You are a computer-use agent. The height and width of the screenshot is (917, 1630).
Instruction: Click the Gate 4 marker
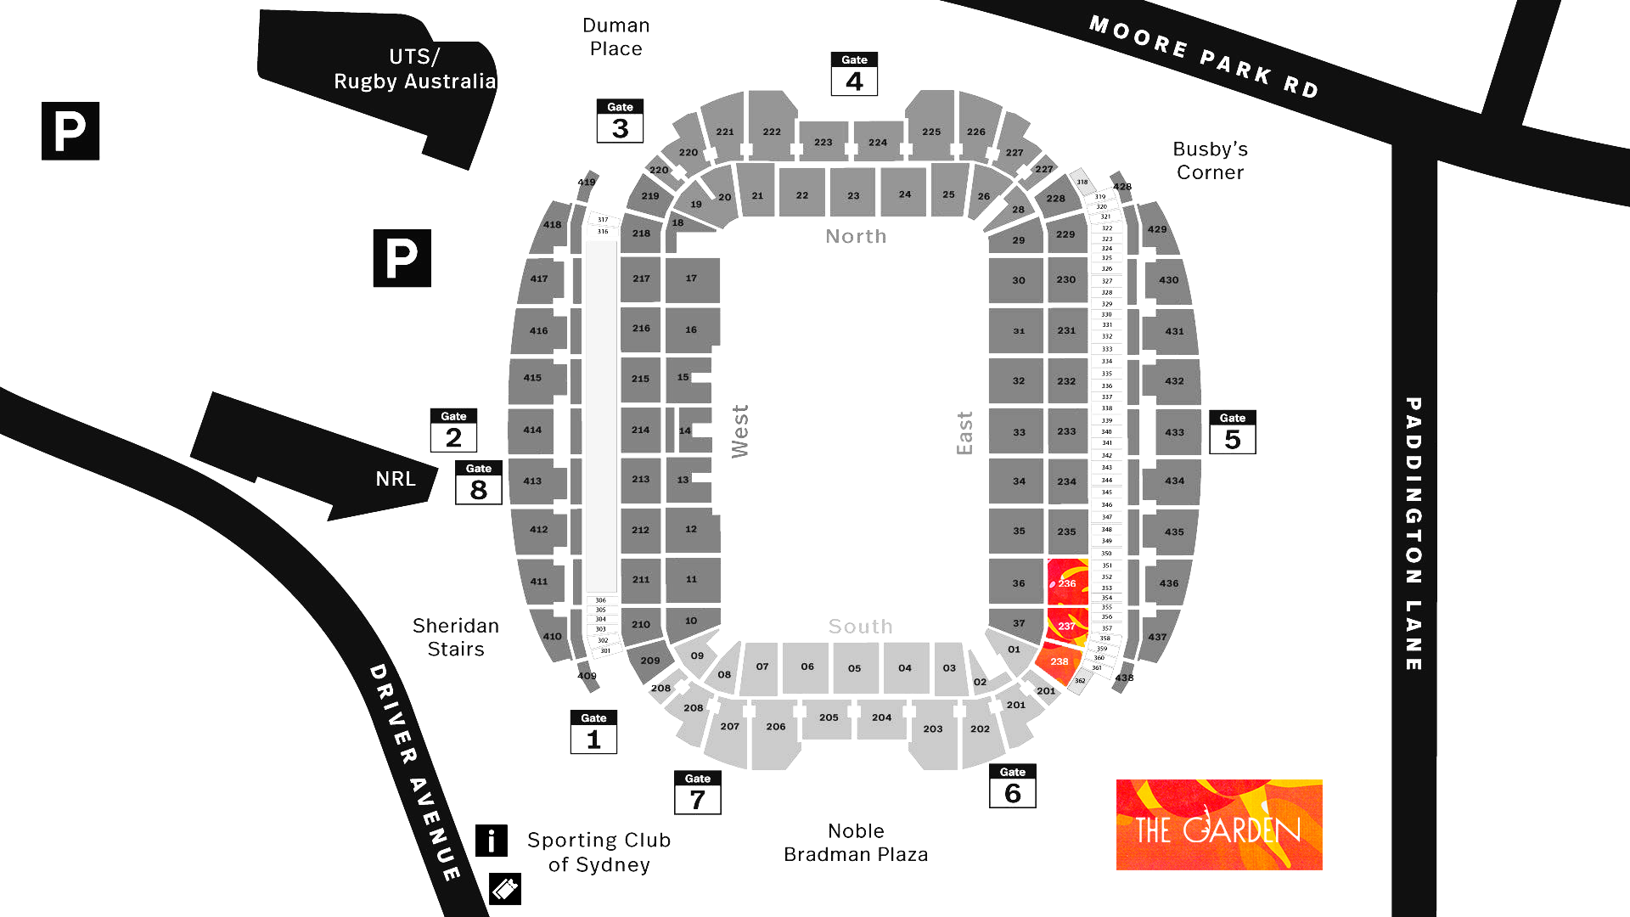pyautogui.click(x=854, y=75)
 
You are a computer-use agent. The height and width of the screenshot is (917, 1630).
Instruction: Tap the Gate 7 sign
pyautogui.click(x=697, y=793)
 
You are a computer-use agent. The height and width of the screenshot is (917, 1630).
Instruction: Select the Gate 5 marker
pyautogui.click(x=1232, y=432)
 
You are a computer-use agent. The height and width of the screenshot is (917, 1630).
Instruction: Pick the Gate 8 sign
pyautogui.click(x=479, y=483)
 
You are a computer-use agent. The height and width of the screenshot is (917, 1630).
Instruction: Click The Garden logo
pyautogui.click(x=1219, y=825)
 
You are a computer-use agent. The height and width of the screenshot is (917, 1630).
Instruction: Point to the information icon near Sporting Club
pyautogui.click(x=492, y=841)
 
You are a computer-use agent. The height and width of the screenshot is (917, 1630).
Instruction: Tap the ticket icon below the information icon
pyautogui.click(x=505, y=889)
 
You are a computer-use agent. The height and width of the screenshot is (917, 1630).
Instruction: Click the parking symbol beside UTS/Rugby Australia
pyautogui.click(x=70, y=131)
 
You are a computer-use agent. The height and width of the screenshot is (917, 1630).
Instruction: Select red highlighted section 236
pyautogui.click(x=1067, y=583)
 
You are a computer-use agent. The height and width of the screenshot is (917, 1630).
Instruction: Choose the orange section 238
pyautogui.click(x=1059, y=661)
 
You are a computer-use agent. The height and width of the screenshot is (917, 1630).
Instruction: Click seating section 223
pyautogui.click(x=823, y=143)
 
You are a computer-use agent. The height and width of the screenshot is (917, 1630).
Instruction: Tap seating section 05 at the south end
pyautogui.click(x=854, y=668)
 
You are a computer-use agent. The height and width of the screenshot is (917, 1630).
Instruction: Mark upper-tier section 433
pyautogui.click(x=1174, y=432)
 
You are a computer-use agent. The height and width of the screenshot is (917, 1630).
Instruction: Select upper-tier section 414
pyautogui.click(x=532, y=430)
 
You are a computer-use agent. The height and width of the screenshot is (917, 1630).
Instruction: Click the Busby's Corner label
pyautogui.click(x=1210, y=160)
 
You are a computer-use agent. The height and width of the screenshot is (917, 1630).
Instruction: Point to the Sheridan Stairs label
pyautogui.click(x=456, y=638)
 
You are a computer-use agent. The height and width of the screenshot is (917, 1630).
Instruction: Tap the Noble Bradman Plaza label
pyautogui.click(x=856, y=843)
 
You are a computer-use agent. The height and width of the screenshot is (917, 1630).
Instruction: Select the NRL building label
pyautogui.click(x=396, y=479)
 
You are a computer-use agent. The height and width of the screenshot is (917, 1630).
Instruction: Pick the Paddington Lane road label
pyautogui.click(x=1414, y=534)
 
